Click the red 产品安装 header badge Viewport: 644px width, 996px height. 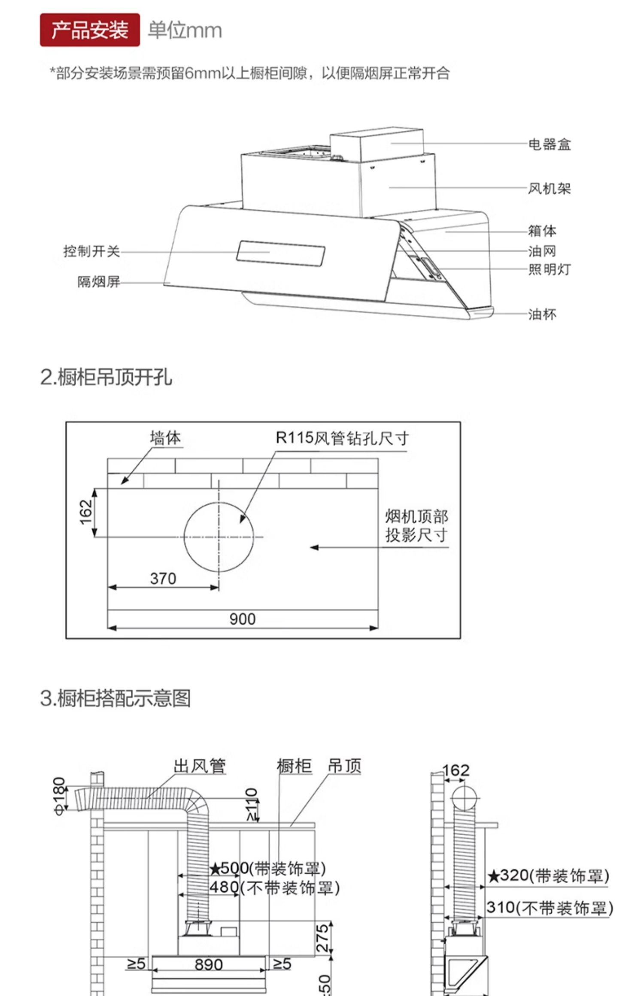(90, 30)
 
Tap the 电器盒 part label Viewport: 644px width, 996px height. (549, 144)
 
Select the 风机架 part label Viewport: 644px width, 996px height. (549, 188)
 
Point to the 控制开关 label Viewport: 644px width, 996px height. (91, 251)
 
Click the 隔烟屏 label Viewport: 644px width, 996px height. (98, 282)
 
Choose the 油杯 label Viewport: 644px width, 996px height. (542, 314)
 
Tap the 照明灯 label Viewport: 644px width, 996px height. (549, 269)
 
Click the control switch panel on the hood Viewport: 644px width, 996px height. (280, 253)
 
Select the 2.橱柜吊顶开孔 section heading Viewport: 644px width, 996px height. (106, 377)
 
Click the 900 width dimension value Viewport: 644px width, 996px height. (242, 619)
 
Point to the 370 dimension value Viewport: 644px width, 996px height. (163, 579)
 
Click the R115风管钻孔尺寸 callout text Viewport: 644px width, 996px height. (342, 438)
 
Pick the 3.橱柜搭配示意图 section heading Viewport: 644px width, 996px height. (115, 698)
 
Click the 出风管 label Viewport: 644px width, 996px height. (200, 766)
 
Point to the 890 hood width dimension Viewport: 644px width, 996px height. (209, 965)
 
